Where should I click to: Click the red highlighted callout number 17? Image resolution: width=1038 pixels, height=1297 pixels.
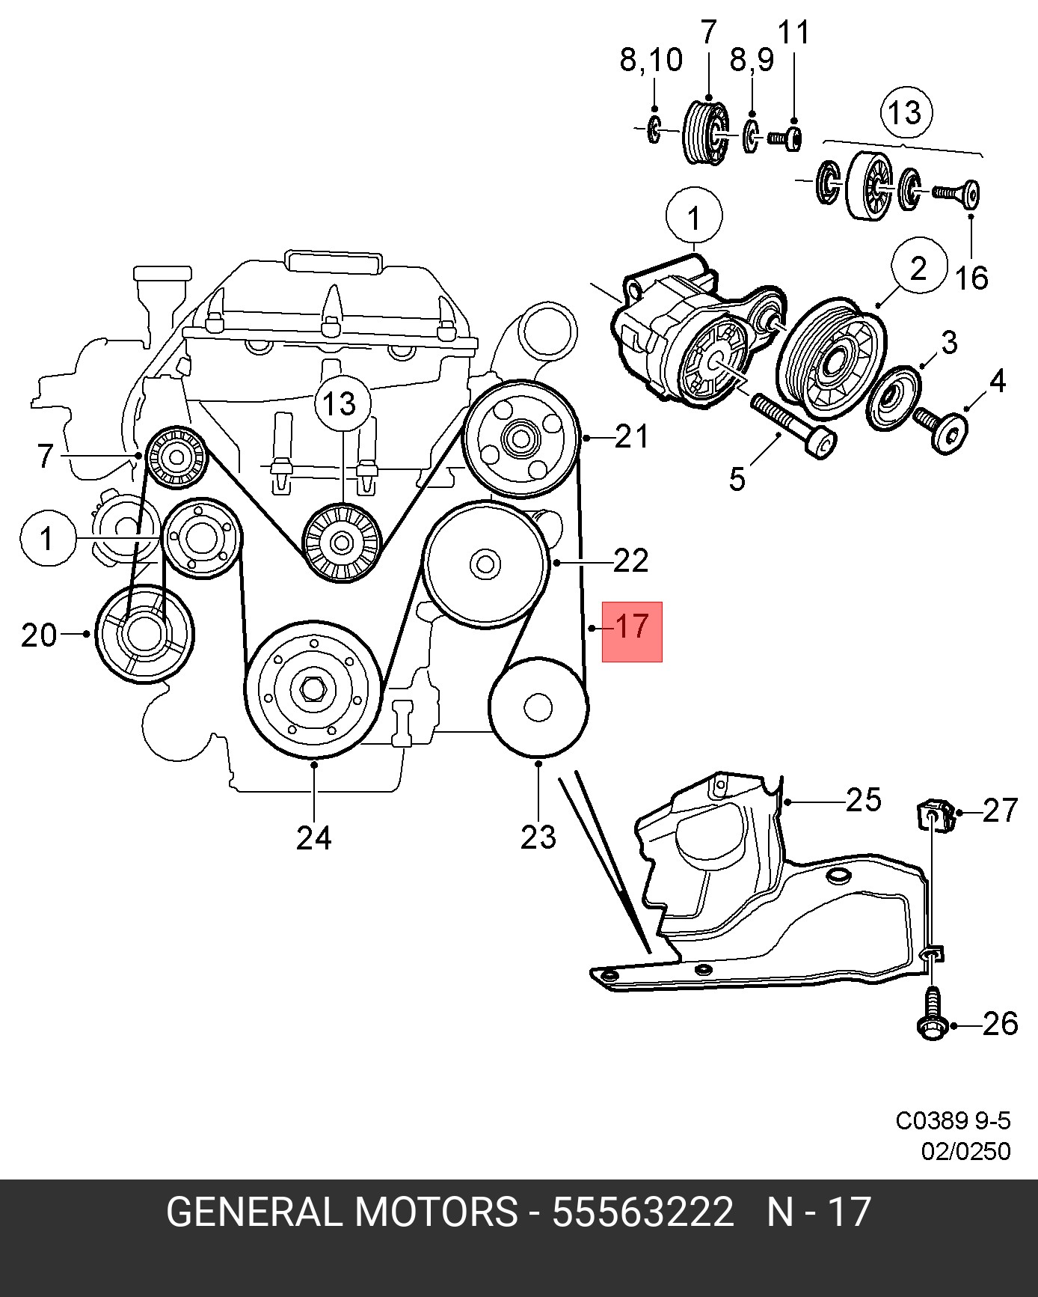coord(632,626)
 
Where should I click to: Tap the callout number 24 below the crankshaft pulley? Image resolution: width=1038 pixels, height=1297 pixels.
coord(313,838)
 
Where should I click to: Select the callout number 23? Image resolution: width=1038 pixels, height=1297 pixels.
coord(538,837)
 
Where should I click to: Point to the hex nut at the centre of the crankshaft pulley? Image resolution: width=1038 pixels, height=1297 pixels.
coord(313,689)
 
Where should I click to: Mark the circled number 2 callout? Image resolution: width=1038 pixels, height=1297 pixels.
coord(918,268)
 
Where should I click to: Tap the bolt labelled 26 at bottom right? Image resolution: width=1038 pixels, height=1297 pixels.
coord(930,1015)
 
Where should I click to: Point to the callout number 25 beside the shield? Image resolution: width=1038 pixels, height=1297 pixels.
coord(863,800)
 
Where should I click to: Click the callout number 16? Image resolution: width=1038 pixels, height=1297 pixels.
coord(971,277)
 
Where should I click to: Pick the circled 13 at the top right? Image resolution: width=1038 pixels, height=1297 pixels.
coord(906,112)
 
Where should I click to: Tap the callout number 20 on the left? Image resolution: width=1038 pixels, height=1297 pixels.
coord(39,635)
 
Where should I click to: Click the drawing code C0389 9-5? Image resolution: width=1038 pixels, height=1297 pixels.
coord(953,1142)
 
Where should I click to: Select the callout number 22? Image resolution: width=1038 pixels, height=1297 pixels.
coord(630,561)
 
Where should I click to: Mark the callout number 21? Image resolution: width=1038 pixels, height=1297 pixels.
coord(631,436)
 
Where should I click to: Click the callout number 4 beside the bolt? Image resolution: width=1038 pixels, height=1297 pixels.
coord(997,382)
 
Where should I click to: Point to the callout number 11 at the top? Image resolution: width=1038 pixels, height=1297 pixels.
coord(793,33)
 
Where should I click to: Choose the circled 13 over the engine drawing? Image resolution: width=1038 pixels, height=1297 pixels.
coord(340,404)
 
